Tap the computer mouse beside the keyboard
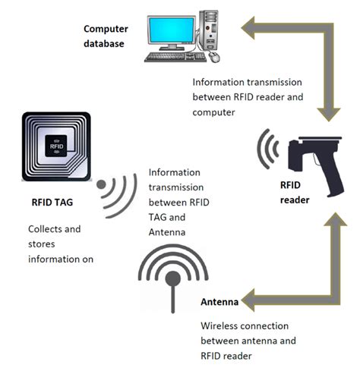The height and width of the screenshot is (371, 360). [x=216, y=58]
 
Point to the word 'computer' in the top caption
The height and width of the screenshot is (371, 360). [x=216, y=112]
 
